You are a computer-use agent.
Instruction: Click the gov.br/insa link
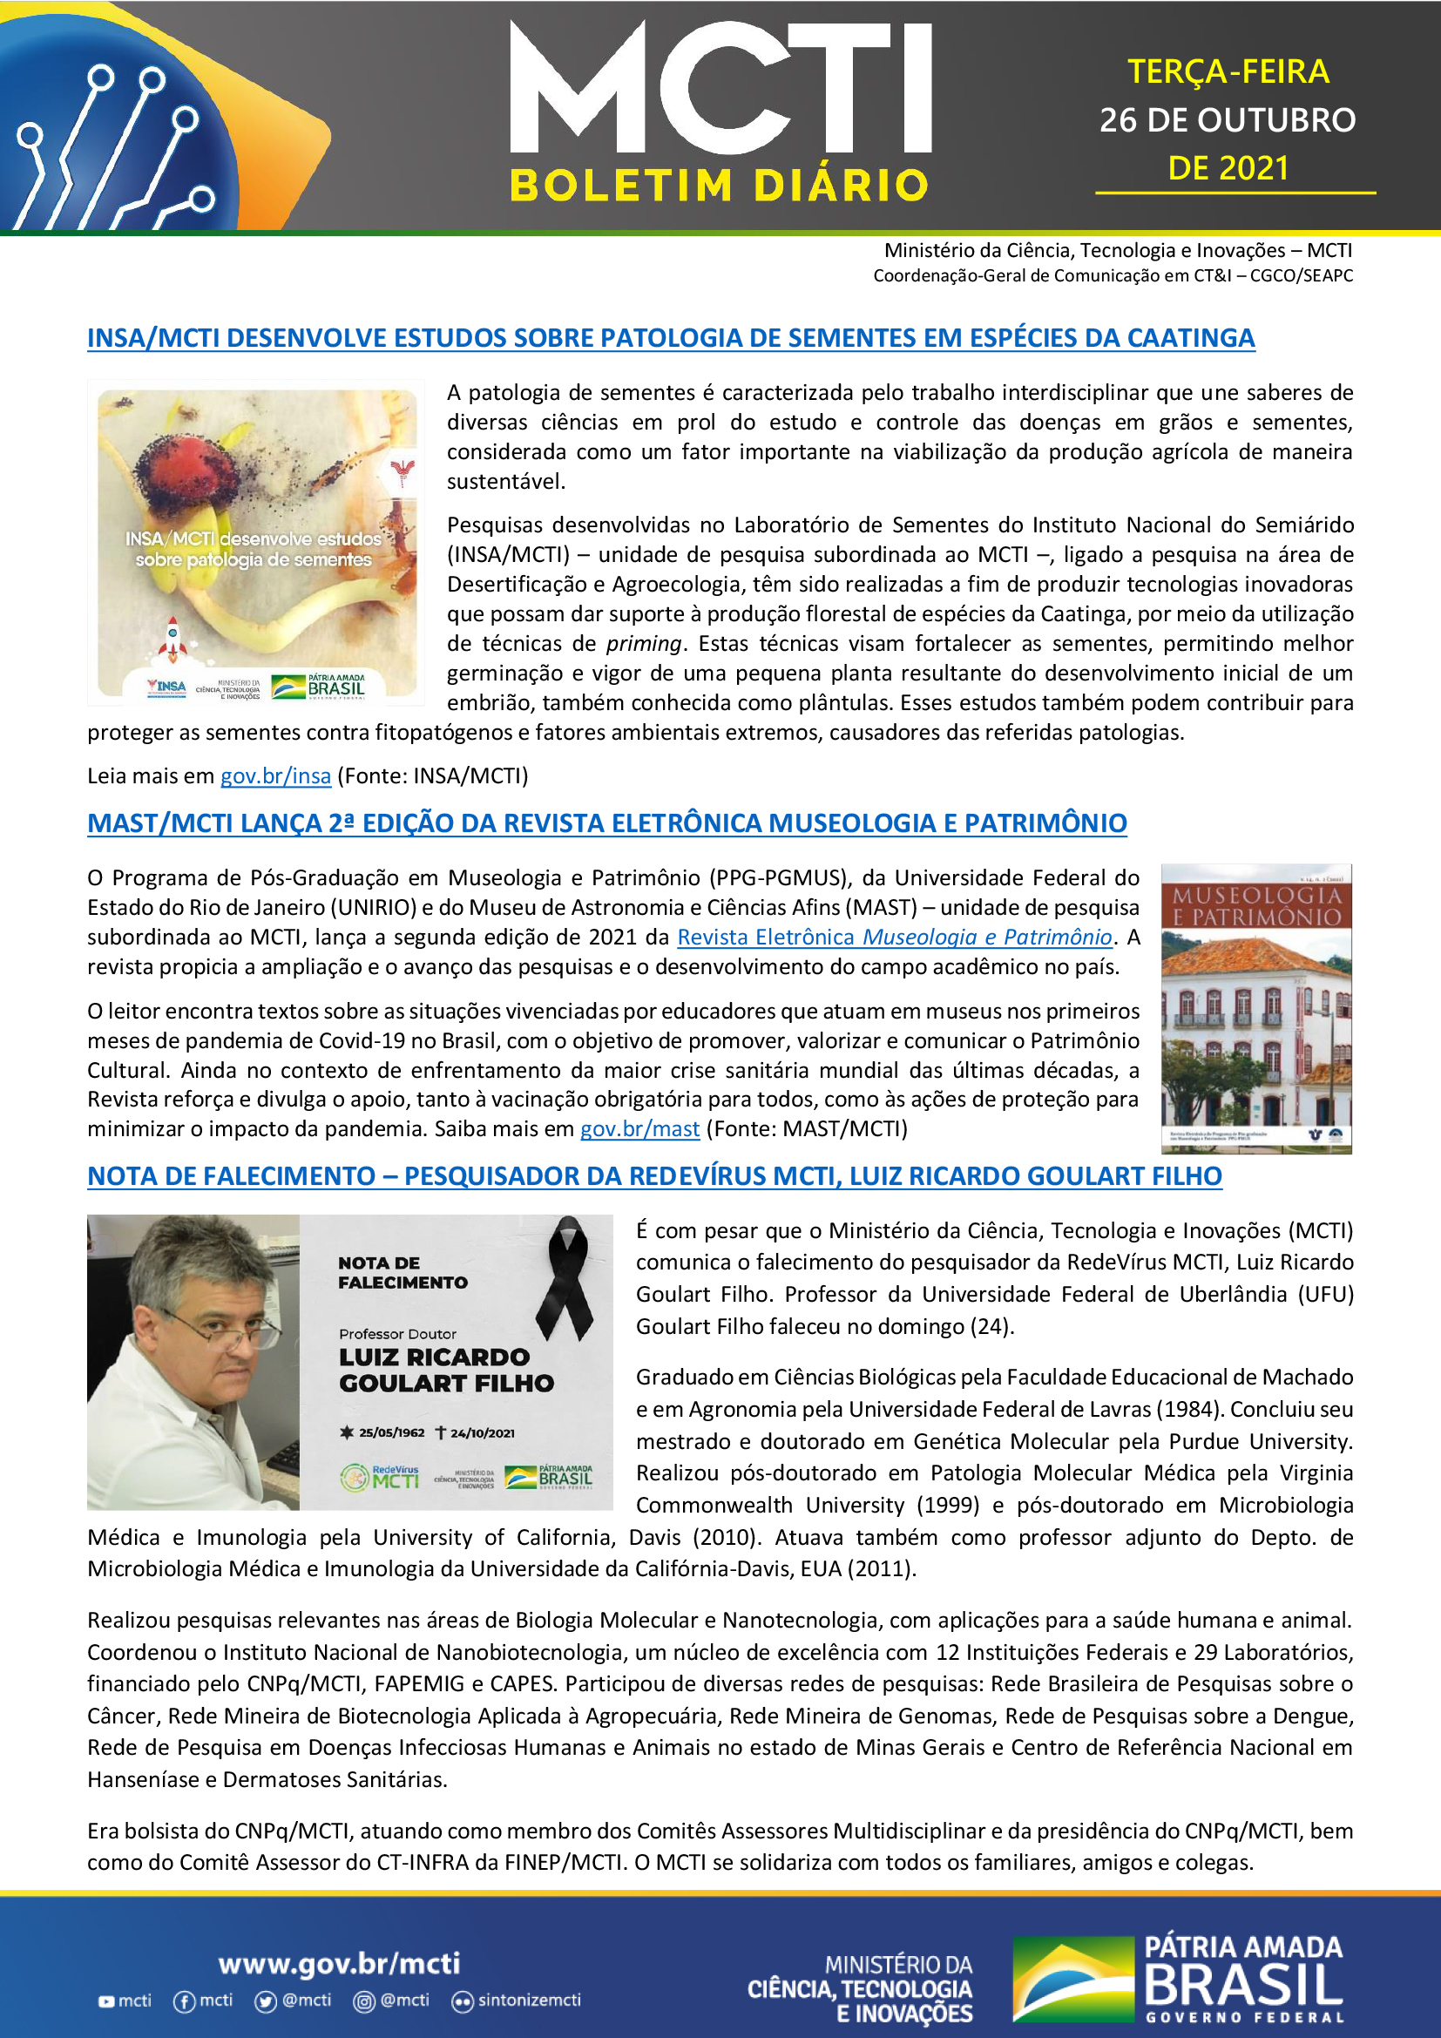pos(275,775)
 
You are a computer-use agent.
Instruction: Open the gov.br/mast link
pos(639,1129)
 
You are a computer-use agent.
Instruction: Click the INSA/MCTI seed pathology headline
pos(671,338)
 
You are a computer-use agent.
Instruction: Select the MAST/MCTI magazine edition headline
pos(607,823)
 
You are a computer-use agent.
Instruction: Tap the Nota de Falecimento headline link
pos(654,1176)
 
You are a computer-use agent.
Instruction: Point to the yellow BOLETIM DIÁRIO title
pos(719,186)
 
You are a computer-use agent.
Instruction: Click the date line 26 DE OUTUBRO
pos(1228,120)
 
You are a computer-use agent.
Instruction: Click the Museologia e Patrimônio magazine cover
pos(1255,1008)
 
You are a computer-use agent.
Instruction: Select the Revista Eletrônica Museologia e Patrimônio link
pos(895,938)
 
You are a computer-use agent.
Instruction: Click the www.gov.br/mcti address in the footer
pos(339,1962)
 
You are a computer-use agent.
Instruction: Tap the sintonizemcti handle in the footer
pos(529,2000)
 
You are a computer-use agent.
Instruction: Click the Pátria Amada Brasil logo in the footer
pos(1178,1979)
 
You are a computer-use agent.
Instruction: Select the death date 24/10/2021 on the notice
pos(482,1432)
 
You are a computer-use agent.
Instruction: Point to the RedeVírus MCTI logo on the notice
pos(380,1477)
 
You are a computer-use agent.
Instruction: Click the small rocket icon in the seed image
pos(173,639)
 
